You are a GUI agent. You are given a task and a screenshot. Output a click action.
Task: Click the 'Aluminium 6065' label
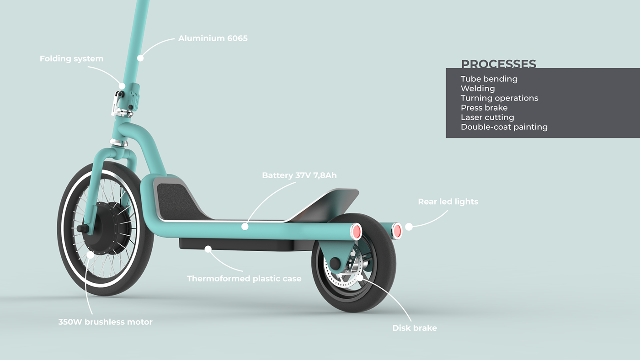[x=213, y=38]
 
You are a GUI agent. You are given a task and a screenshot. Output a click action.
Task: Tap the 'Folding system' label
[x=71, y=59]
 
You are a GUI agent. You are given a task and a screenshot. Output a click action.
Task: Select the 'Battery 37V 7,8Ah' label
[x=299, y=175]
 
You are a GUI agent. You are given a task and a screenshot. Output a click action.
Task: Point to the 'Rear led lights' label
[x=448, y=201]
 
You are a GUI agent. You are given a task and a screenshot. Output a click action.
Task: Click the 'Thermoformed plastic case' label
[x=244, y=278]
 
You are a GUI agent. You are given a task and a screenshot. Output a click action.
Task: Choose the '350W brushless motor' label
[x=105, y=322]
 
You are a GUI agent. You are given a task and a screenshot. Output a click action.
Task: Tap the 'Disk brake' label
[x=415, y=328]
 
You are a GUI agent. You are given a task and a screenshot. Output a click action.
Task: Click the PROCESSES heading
[x=498, y=64]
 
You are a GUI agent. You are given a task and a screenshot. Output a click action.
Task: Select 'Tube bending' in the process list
[x=489, y=79]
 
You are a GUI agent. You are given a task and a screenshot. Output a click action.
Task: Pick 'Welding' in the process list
[x=478, y=89]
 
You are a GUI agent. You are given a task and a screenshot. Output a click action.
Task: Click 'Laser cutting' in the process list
[x=487, y=117]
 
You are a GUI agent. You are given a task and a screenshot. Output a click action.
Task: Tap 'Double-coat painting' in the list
[x=504, y=127]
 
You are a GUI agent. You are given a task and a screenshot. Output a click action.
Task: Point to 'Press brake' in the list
[x=484, y=108]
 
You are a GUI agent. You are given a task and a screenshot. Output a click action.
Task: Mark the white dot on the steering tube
[x=140, y=58]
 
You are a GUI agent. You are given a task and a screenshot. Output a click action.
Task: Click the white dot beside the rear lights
[x=409, y=226]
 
